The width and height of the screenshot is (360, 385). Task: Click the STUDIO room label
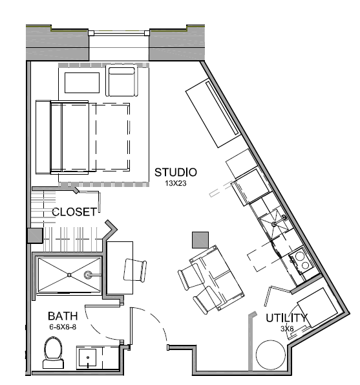click(x=176, y=172)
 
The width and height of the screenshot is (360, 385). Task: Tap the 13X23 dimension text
click(x=176, y=183)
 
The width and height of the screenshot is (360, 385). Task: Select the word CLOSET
click(x=74, y=212)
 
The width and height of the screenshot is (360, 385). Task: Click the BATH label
click(x=63, y=316)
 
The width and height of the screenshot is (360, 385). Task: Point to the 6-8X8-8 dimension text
click(x=63, y=327)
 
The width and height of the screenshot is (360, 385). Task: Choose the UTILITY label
click(x=286, y=318)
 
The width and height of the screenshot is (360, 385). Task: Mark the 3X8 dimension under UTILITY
click(x=287, y=329)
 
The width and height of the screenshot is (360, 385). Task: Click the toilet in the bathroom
click(x=53, y=353)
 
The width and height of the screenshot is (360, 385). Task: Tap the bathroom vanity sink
click(x=87, y=357)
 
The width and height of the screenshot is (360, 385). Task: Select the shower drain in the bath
click(x=69, y=275)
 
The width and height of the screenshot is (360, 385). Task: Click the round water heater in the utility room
click(x=271, y=355)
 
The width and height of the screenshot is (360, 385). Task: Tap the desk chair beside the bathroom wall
click(x=135, y=270)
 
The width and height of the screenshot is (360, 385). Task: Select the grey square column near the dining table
click(x=200, y=239)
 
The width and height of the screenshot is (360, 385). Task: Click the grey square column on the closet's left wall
click(x=35, y=236)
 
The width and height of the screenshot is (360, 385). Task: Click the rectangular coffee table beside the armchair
click(x=82, y=83)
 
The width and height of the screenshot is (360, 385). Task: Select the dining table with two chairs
click(x=211, y=280)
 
